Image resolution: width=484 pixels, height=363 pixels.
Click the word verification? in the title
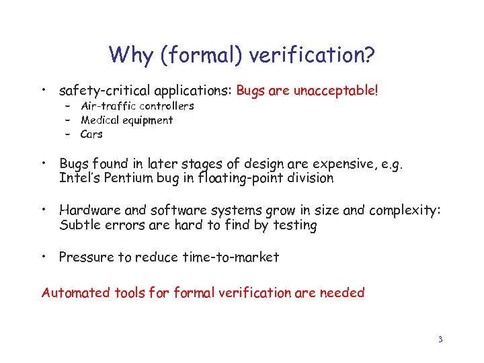pyautogui.click(x=315, y=54)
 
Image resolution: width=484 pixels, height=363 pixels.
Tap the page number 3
pyautogui.click(x=440, y=339)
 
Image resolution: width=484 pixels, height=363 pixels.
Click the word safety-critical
pyautogui.click(x=104, y=90)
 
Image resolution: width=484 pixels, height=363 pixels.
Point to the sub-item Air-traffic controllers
pyautogui.click(x=137, y=106)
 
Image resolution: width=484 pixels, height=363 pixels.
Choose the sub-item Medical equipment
pyautogui.click(x=126, y=120)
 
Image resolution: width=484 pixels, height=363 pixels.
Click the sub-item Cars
pyautogui.click(x=91, y=134)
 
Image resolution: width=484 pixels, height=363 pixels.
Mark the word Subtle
pyautogui.click(x=78, y=225)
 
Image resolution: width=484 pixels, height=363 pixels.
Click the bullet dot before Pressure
pyautogui.click(x=44, y=256)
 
